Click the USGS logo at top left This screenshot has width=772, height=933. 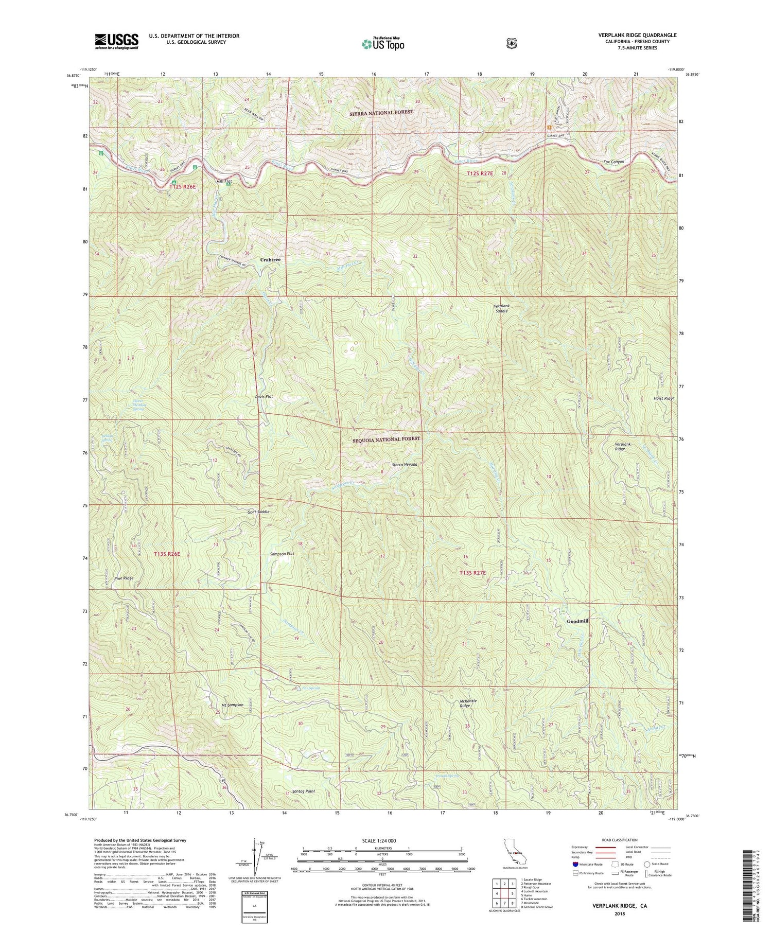click(x=116, y=41)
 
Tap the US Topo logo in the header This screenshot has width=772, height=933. click(x=383, y=44)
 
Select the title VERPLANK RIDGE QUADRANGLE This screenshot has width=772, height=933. click(x=637, y=35)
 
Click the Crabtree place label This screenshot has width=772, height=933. click(x=270, y=260)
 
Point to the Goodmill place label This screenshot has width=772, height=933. click(x=577, y=621)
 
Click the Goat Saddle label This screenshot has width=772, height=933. click(x=258, y=512)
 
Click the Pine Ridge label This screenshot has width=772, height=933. click(x=124, y=578)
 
